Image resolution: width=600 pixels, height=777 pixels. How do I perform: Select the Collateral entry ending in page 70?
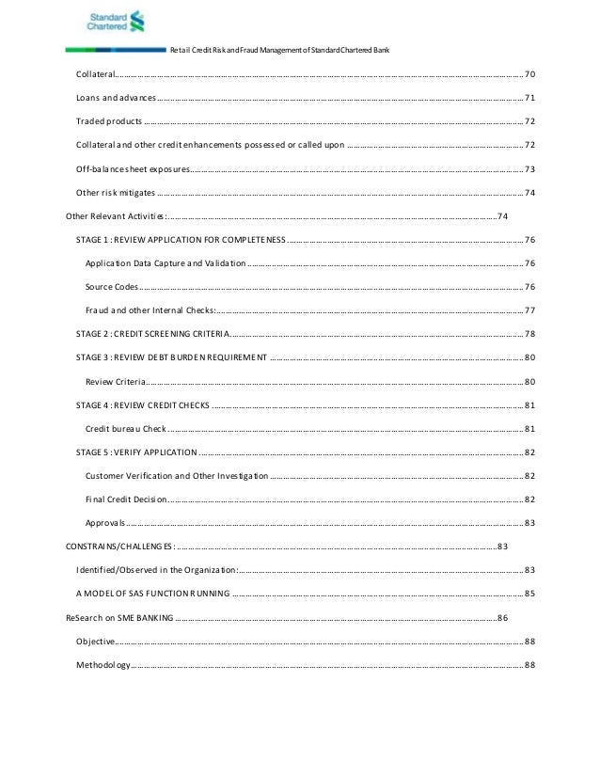coord(95,73)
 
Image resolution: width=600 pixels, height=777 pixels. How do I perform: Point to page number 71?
coord(529,98)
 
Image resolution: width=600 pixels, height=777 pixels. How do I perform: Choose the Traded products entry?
coord(109,121)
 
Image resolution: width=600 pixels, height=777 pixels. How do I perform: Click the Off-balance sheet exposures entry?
coord(132,169)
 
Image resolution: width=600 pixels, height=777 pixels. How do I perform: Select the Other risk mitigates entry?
coord(116,193)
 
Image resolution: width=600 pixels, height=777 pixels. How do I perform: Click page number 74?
coord(502,216)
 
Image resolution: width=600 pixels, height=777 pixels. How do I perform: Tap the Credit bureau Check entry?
coord(126,429)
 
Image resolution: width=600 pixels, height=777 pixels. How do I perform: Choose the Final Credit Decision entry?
coord(126,499)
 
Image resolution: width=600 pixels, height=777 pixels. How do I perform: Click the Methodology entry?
coord(103,665)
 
